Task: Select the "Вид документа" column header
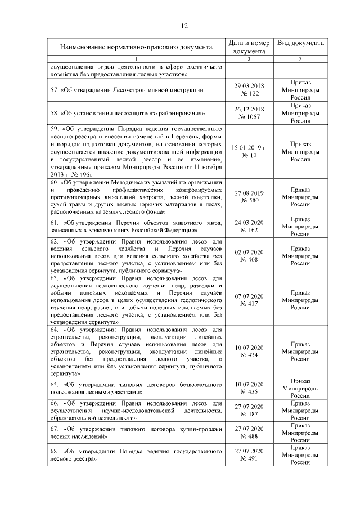point(300,43)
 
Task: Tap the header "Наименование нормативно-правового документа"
point(135,47)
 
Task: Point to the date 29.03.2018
point(249,85)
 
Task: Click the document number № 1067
point(249,116)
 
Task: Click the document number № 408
point(249,260)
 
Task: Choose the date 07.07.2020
point(249,295)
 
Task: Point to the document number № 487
point(249,415)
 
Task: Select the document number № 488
point(249,436)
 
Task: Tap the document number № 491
point(249,459)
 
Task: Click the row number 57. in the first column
point(55,89)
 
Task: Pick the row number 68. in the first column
point(55,451)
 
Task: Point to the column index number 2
point(249,59)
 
